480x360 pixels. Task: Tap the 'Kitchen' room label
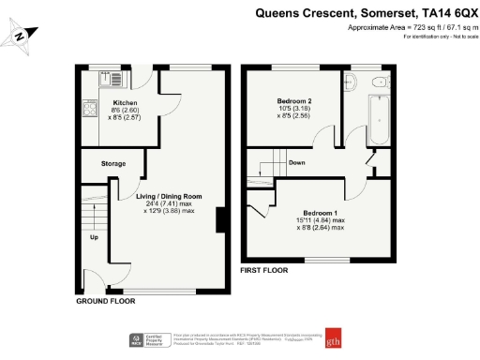tap(126, 102)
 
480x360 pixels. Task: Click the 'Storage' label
tap(113, 164)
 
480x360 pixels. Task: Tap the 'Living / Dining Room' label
tap(166, 197)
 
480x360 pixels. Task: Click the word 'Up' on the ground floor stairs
tap(94, 237)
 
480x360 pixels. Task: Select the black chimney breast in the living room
tap(220, 220)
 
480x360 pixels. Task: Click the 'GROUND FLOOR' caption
tap(105, 302)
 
